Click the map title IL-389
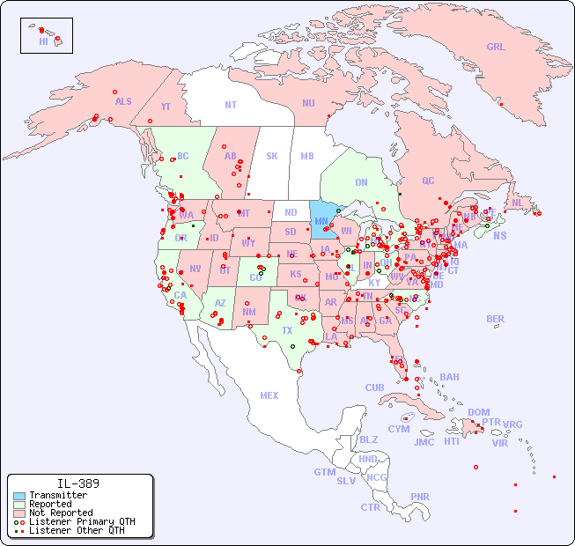78,483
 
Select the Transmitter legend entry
57,495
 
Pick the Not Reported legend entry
60,513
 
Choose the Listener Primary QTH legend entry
81,521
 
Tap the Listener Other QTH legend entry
76,530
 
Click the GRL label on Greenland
496,48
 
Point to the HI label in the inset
43,41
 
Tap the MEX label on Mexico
269,395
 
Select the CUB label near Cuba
374,387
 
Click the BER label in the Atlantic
496,319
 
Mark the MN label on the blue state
321,221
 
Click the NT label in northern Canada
231,104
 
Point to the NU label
308,103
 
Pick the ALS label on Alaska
123,101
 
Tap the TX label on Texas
287,330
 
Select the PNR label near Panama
420,497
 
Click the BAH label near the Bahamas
449,377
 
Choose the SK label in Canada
272,156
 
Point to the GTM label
324,472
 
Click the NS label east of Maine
499,235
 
